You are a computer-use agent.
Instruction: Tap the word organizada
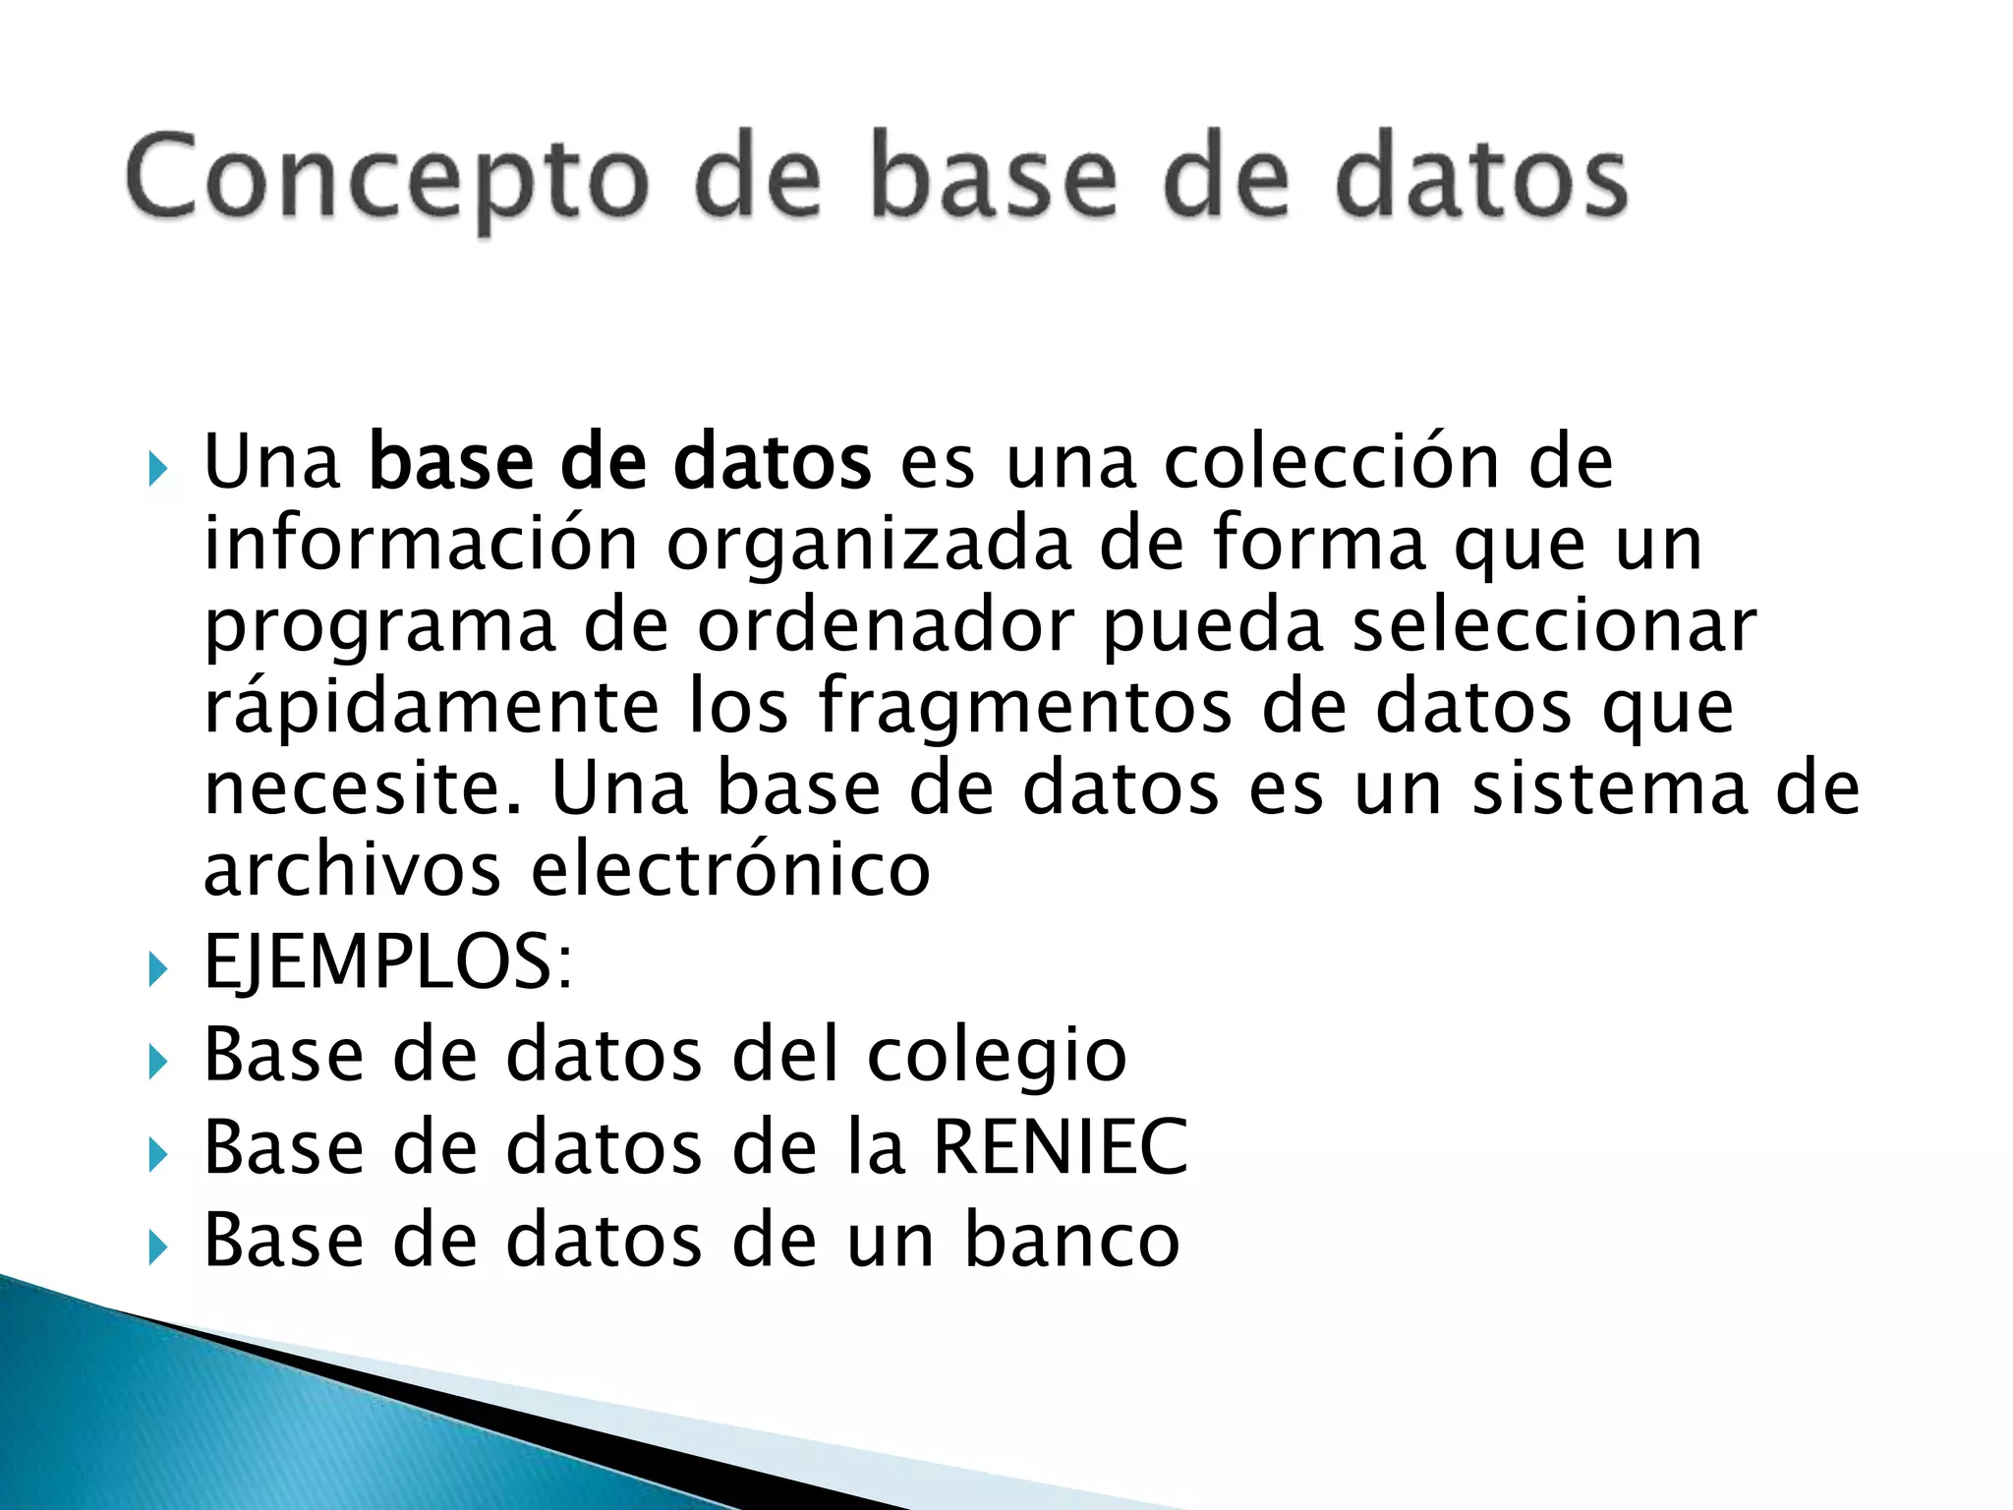[868, 547]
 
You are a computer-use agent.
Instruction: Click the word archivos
[352, 869]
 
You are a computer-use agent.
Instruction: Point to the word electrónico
[730, 869]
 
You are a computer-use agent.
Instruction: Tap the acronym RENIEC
[1060, 1147]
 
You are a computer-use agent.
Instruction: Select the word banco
[1071, 1240]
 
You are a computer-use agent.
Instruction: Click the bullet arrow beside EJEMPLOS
[158, 969]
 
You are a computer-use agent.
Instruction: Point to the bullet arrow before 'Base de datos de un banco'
[158, 1249]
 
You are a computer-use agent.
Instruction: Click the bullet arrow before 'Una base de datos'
[158, 469]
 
